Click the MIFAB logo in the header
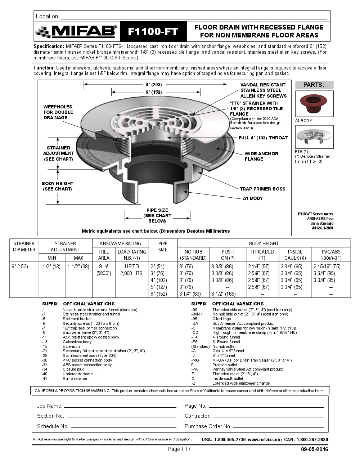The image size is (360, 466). coord(77,31)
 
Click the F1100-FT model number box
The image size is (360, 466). coord(153,31)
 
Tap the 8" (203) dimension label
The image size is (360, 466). coord(153,85)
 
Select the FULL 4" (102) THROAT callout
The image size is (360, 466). coord(263,138)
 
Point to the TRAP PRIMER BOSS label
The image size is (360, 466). coord(262,189)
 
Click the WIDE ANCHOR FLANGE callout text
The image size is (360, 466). coord(261,156)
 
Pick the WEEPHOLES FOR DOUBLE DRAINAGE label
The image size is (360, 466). coord(58,112)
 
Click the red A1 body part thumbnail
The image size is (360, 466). coord(314,104)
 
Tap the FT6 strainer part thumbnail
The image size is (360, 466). coord(314,137)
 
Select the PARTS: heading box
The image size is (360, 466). coord(314,85)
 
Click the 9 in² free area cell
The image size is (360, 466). coord(104,266)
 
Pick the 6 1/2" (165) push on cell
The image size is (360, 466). coord(223,294)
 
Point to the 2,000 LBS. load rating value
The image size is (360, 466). coord(132,273)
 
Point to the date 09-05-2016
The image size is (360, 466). coord(314,449)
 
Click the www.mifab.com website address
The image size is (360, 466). coord(265,440)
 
